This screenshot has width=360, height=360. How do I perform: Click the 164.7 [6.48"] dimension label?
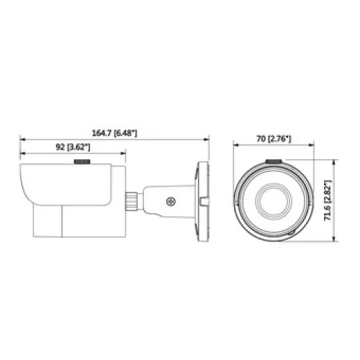114,133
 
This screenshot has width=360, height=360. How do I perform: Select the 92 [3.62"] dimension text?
73,147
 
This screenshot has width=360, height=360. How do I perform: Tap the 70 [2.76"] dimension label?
274,139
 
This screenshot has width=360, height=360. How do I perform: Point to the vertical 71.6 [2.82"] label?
328,200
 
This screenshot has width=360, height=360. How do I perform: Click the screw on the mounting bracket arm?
171,201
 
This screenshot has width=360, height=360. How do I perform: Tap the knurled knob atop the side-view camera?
82,161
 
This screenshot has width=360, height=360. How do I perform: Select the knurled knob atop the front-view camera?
274,161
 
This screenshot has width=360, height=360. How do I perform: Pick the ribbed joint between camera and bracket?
132,201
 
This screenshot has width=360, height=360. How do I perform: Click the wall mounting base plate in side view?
203,202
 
